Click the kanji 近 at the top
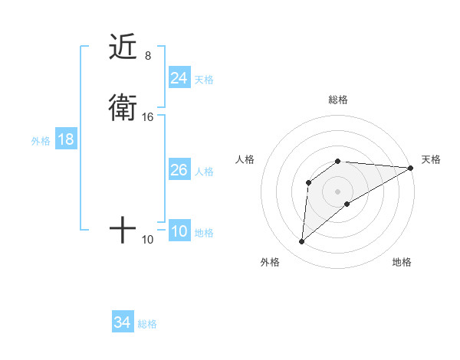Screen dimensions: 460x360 click(x=123, y=47)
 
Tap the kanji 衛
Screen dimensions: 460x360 click(x=123, y=109)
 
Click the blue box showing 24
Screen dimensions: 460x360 click(x=179, y=77)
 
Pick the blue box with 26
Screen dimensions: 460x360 click(x=179, y=170)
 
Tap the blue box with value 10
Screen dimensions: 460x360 click(x=179, y=231)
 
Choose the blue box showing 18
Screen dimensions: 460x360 click(x=65, y=139)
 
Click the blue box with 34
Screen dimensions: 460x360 click(x=122, y=322)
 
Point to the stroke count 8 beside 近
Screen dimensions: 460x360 click(x=148, y=55)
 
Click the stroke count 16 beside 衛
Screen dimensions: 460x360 click(x=148, y=117)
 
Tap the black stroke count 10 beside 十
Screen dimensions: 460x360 click(x=148, y=240)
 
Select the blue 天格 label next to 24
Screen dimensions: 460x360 click(x=204, y=79)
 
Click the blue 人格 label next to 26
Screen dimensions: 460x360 click(x=204, y=172)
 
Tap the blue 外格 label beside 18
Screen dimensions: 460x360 click(x=41, y=141)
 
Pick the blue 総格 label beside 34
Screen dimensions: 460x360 click(x=147, y=324)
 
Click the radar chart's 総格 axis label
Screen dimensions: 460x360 click(x=338, y=100)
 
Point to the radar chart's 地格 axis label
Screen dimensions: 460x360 click(x=402, y=262)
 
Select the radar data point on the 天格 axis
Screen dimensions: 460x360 click(x=411, y=168)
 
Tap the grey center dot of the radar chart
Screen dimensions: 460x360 click(x=338, y=191)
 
